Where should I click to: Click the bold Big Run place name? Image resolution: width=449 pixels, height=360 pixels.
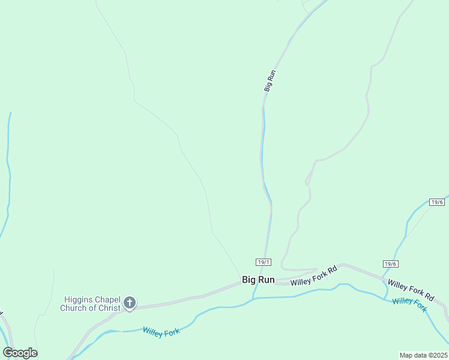(x=258, y=280)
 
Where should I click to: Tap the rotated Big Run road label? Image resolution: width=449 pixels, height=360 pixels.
(x=270, y=81)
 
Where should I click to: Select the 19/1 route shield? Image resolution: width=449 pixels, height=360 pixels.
(x=264, y=262)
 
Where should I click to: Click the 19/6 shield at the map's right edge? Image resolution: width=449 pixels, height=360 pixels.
(x=438, y=202)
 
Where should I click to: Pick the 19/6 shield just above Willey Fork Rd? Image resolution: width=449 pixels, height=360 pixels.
(x=391, y=264)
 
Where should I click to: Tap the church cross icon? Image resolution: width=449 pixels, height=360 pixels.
(x=129, y=303)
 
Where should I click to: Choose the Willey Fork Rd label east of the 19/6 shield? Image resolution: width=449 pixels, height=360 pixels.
(x=411, y=289)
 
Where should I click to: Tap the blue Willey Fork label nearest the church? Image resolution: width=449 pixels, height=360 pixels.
(x=161, y=331)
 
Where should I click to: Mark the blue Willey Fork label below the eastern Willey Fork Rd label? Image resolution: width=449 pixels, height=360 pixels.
(x=409, y=304)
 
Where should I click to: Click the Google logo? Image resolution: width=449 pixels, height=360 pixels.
(x=20, y=353)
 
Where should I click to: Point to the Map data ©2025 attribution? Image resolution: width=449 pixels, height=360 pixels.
(x=423, y=355)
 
